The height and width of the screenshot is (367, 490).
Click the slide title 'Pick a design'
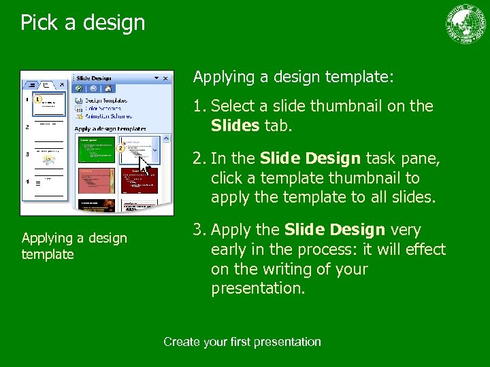point(82,22)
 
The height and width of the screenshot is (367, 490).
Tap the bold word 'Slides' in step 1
point(235,126)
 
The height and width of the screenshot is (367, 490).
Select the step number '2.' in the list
point(200,158)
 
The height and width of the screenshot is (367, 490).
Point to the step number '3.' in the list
point(200,230)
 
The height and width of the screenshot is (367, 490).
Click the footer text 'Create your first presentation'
point(242,342)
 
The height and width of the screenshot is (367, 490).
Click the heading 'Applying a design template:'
point(293,77)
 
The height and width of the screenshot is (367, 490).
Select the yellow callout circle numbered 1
point(38,99)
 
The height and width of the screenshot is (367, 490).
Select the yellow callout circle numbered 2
point(120,147)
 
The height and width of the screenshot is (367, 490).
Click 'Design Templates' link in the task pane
point(105,101)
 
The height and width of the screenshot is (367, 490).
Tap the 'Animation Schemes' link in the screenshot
point(105,115)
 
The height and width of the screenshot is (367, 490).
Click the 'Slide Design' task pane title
point(96,77)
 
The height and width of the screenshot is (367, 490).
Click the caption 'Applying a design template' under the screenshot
point(74,246)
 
